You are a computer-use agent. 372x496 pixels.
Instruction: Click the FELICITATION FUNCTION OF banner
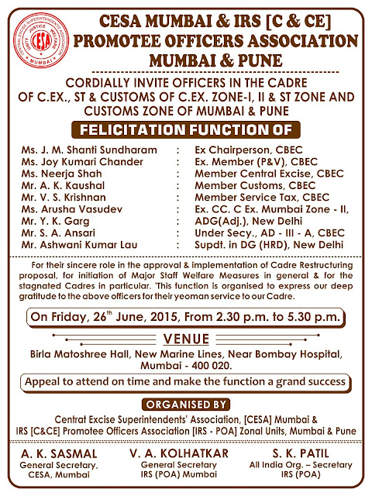[185, 128]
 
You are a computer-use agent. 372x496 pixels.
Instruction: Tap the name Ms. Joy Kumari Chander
[83, 162]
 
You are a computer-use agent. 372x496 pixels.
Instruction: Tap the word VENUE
[185, 338]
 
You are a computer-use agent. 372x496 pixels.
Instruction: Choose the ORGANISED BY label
[185, 404]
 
